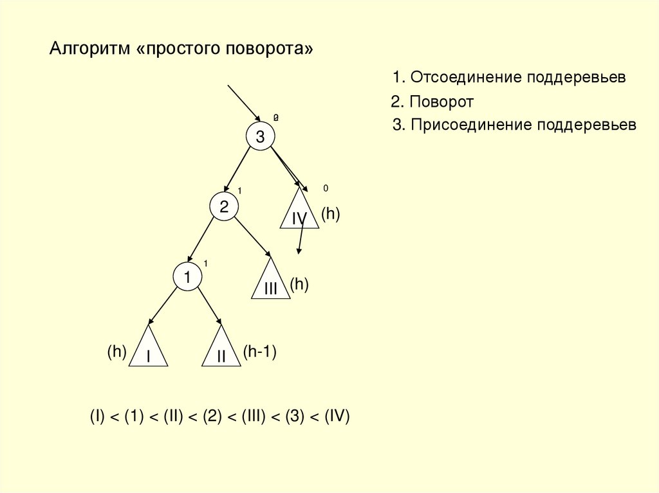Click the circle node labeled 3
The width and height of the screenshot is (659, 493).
pyautogui.click(x=260, y=137)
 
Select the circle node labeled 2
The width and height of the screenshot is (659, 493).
pyautogui.click(x=224, y=207)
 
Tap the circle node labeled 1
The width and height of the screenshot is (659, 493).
pyautogui.click(x=187, y=277)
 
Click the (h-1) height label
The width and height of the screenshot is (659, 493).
pyautogui.click(x=259, y=351)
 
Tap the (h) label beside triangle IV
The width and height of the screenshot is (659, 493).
pyautogui.click(x=330, y=214)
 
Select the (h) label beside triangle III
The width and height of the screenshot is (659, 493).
pyautogui.click(x=299, y=284)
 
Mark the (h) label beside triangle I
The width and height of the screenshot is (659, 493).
pyautogui.click(x=116, y=351)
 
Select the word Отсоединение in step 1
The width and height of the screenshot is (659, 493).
pyautogui.click(x=466, y=78)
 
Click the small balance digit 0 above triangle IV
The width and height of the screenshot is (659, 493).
pyautogui.click(x=326, y=188)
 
